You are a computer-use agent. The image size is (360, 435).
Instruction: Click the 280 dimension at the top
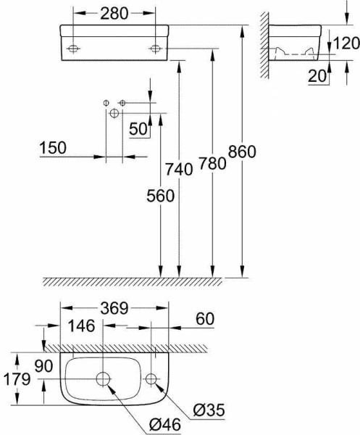114,14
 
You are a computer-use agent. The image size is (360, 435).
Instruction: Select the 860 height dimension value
242,152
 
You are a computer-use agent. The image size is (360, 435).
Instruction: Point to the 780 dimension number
212,163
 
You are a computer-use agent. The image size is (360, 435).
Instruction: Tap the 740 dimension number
179,169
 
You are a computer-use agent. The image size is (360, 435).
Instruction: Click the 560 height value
161,196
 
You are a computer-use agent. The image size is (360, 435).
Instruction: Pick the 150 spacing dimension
53,148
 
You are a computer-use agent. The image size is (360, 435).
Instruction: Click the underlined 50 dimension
138,129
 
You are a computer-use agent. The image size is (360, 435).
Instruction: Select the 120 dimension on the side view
346,43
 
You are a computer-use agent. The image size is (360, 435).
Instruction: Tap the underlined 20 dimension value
317,75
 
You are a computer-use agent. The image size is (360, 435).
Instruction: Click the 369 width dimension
114,308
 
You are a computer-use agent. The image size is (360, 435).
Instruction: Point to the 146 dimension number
81,326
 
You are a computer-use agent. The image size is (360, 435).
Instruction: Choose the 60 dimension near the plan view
205,319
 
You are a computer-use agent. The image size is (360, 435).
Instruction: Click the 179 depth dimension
17,379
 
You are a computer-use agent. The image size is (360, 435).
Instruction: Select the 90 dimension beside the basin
43,366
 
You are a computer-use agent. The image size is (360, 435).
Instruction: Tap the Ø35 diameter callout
209,410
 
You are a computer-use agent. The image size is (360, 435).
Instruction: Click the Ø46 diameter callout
165,424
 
